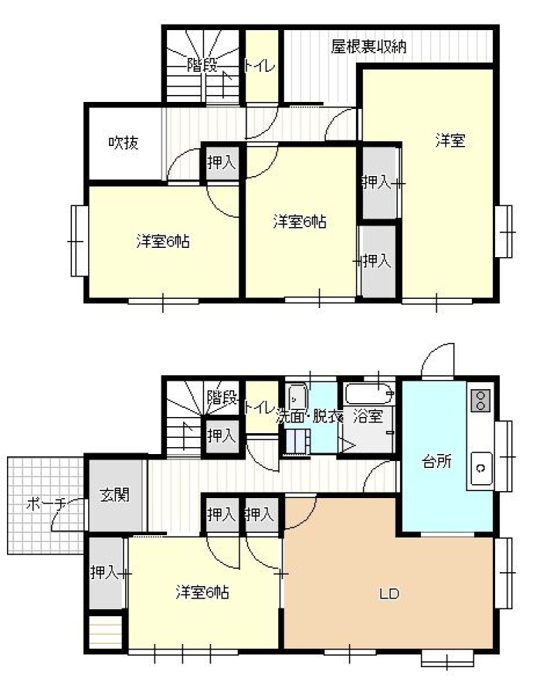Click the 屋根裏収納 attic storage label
coord(368,46)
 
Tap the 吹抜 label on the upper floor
coord(124,142)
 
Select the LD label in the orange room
coord(389,593)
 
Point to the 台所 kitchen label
coord(436,462)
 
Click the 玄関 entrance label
coord(114,495)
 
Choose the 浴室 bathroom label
coord(368,416)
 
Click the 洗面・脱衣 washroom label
coord(309,416)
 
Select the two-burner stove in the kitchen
coord(480,400)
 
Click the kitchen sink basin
coord(480,468)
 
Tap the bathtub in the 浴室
coord(369,393)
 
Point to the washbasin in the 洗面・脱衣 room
coord(297,397)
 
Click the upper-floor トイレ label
coord(260,66)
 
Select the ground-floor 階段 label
coord(222,398)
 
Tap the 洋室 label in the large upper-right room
coord(450,141)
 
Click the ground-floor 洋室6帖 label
coord(202,592)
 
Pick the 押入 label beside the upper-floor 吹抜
coord(221,162)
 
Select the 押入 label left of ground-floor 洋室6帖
coord(104,573)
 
